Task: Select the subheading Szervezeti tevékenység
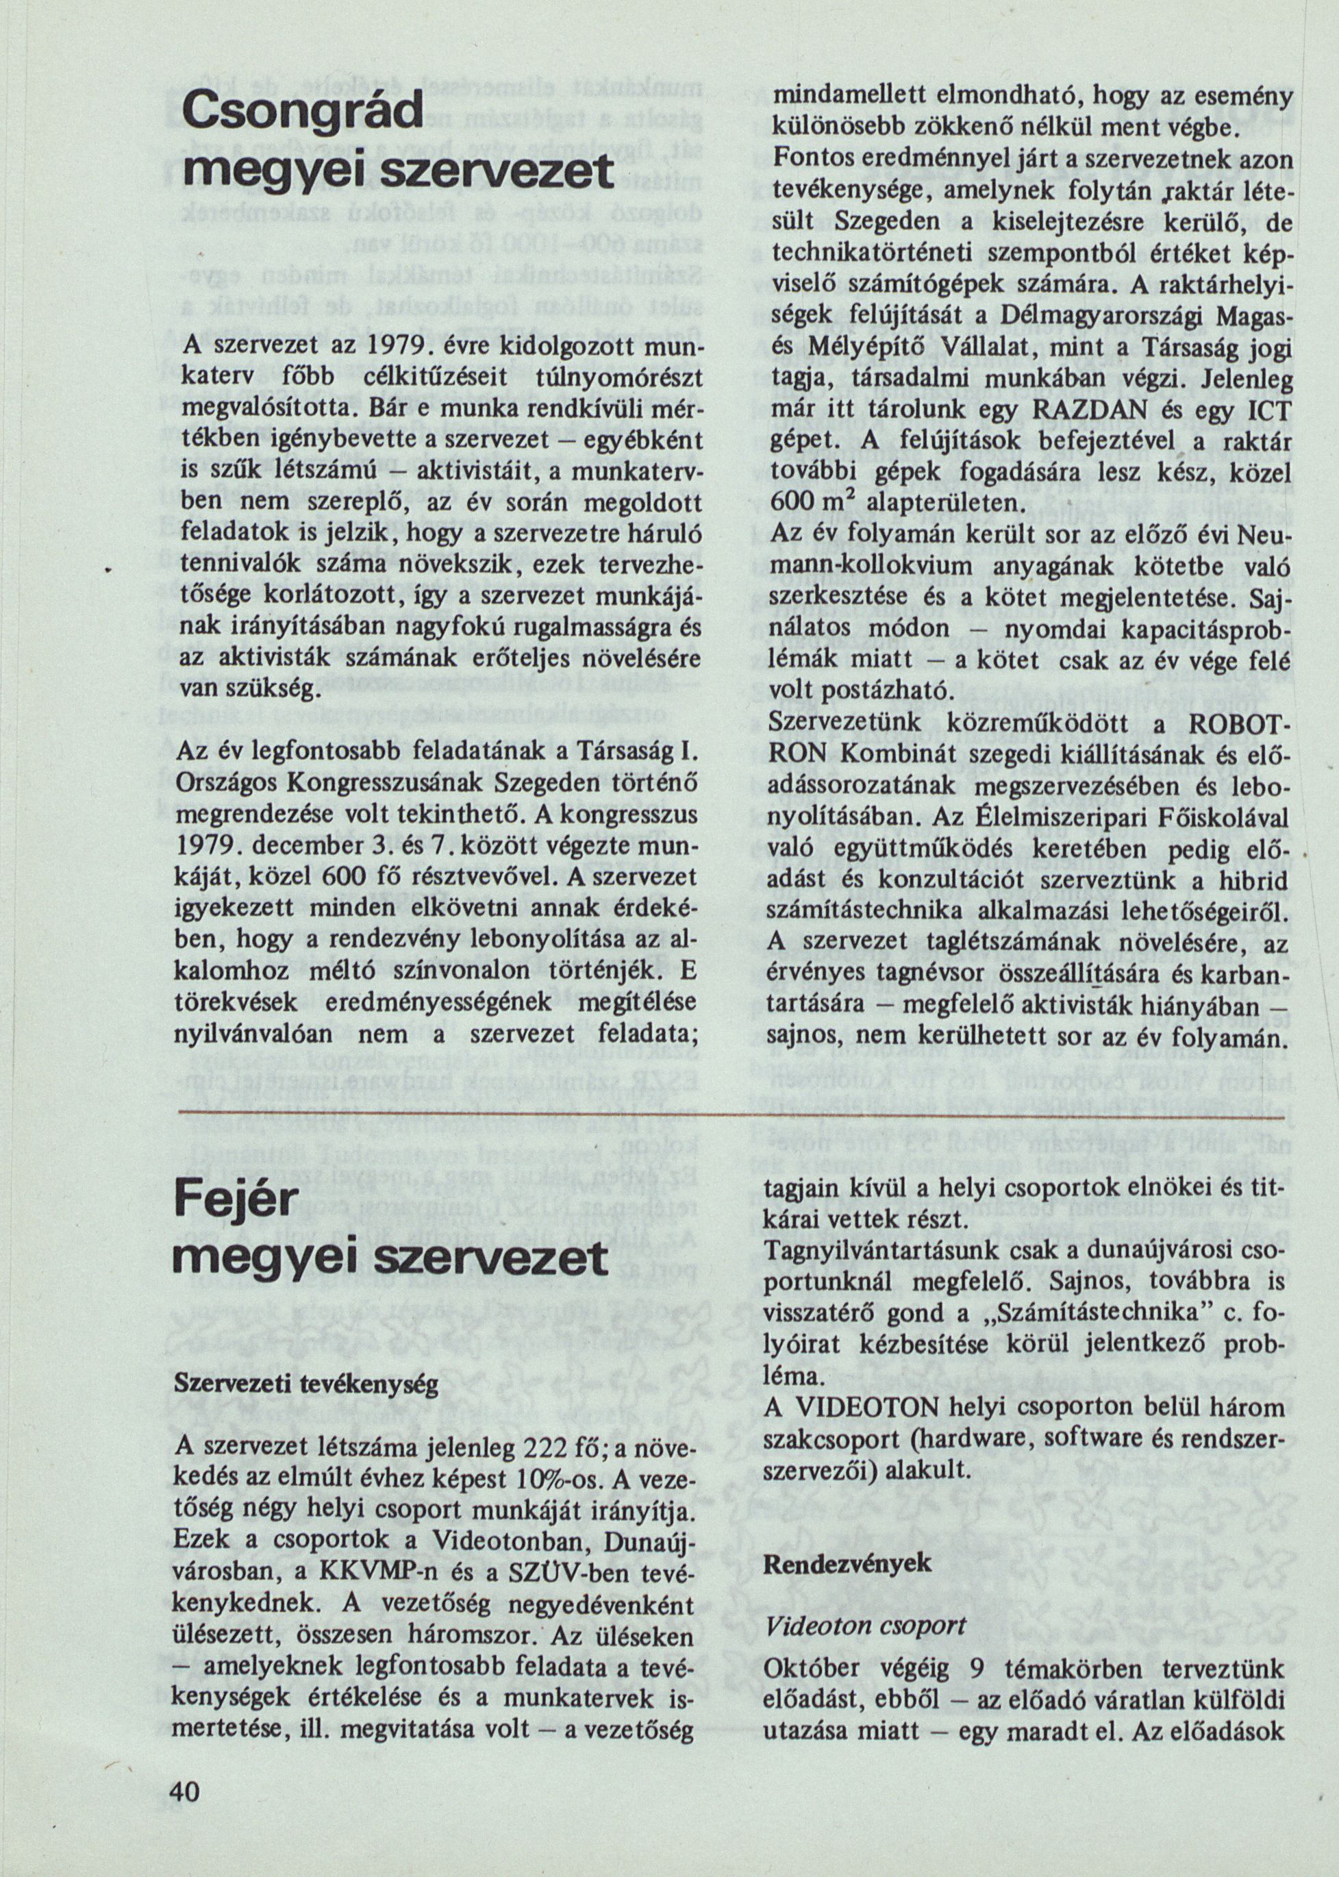point(307,1384)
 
